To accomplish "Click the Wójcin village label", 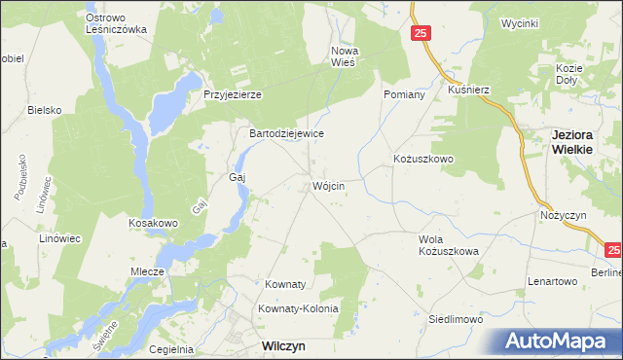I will (x=328, y=186).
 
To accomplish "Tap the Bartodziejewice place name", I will (x=287, y=133).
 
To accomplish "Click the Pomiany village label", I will (x=404, y=94).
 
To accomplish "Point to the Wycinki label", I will (x=519, y=22).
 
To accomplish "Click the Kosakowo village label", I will (x=154, y=223).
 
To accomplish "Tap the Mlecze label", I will (x=147, y=272).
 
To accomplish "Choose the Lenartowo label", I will (x=553, y=281).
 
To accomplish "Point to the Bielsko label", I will (x=45, y=110).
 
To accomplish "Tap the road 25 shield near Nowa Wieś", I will (x=420, y=34).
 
